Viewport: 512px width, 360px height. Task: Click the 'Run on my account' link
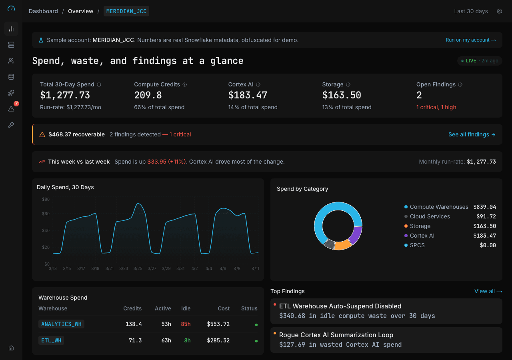point(470,40)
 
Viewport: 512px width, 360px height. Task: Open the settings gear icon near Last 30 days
point(499,12)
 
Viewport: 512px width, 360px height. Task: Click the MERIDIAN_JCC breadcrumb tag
point(126,11)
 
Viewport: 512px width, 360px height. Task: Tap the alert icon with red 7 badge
point(11,109)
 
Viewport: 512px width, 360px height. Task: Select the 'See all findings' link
point(472,134)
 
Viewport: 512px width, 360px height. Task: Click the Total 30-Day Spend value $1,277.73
point(65,95)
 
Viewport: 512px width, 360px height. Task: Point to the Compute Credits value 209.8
point(148,95)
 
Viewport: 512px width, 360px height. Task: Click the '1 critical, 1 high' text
point(436,107)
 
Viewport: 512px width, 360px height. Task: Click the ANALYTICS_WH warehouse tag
point(61,324)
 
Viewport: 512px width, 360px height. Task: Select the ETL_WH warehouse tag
point(51,340)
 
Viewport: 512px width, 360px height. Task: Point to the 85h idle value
point(186,324)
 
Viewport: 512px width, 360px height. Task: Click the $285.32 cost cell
point(218,340)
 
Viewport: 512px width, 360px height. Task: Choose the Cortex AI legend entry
point(422,236)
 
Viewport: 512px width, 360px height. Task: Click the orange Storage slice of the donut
point(342,245)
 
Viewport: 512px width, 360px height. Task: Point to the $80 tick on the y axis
point(46,199)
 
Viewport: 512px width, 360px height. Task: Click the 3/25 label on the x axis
point(138,268)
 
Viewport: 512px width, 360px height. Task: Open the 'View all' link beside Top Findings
point(488,291)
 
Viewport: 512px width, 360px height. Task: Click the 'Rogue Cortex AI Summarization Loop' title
point(336,335)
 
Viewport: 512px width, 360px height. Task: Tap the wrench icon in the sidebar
point(11,125)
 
